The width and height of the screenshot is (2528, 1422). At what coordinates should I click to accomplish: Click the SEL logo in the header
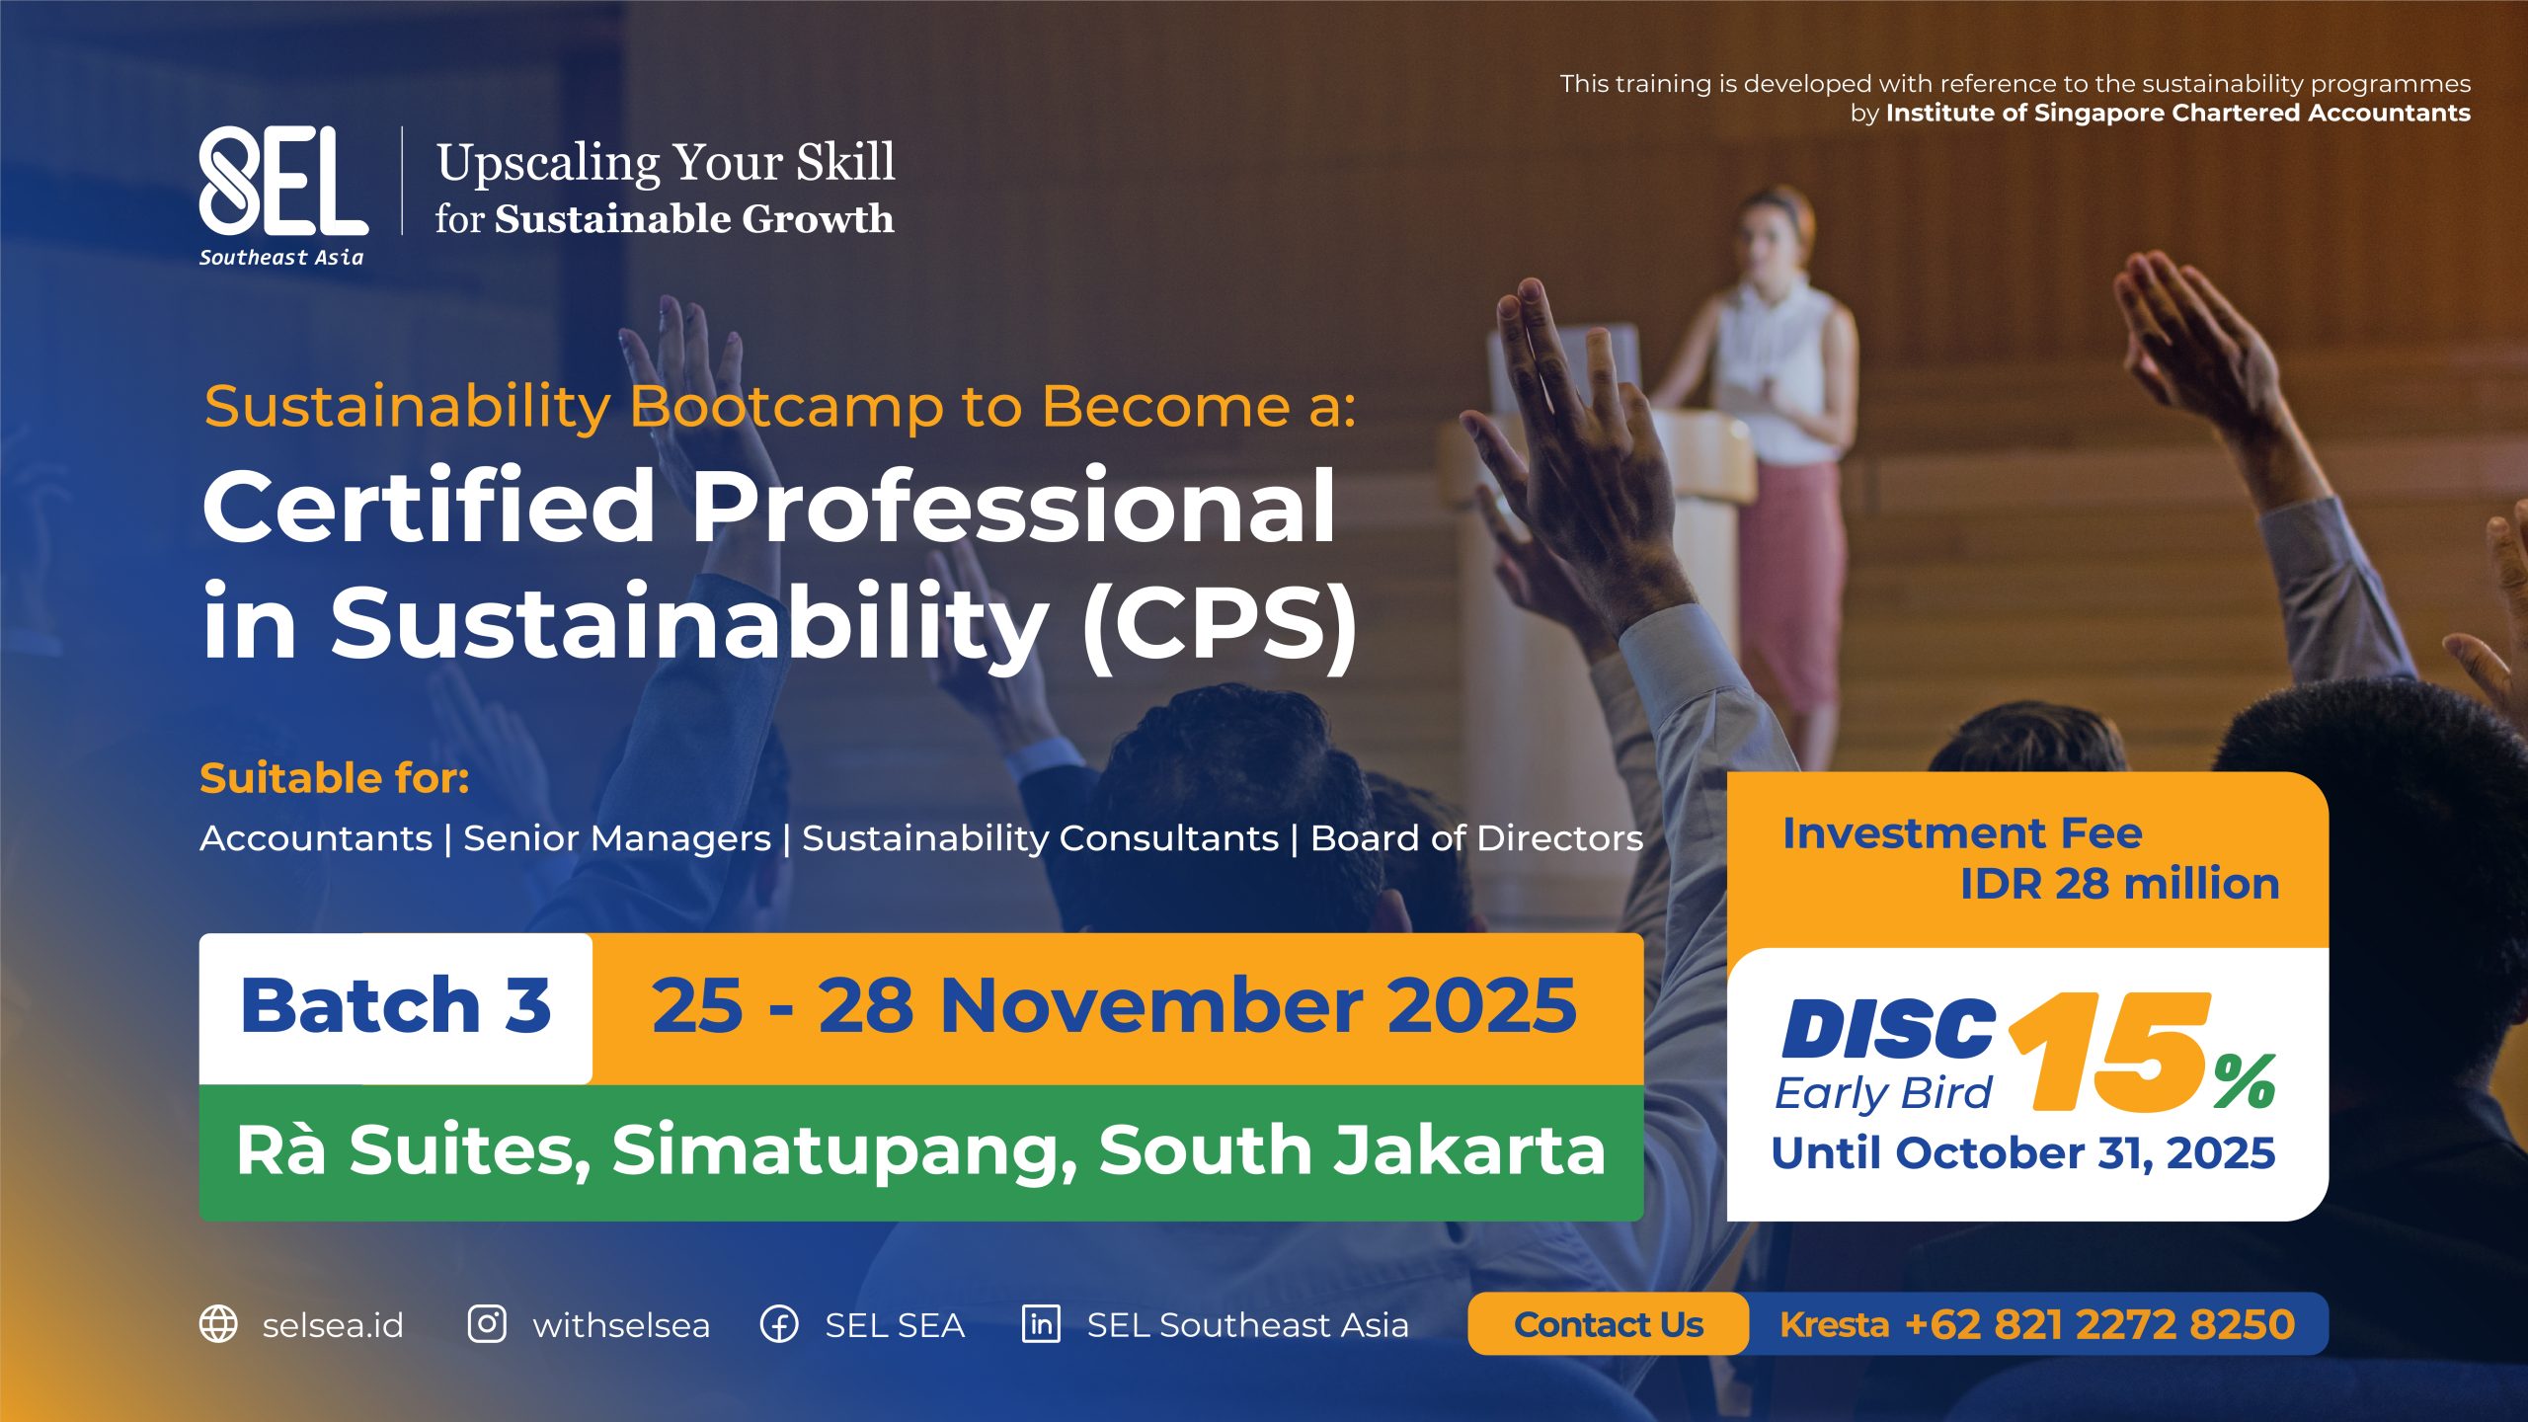[282, 196]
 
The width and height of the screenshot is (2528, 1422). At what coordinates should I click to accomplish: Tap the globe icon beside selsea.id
[218, 1324]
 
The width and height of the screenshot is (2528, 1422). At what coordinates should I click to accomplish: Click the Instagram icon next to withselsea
[487, 1324]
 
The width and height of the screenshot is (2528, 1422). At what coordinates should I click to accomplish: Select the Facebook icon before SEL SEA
[779, 1324]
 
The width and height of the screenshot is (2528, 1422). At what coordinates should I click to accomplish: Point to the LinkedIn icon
[1041, 1324]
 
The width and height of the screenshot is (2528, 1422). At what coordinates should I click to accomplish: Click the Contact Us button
[1609, 1324]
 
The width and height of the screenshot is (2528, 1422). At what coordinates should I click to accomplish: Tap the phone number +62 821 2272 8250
[2099, 1324]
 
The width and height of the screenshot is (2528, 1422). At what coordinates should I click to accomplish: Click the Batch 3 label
[396, 1006]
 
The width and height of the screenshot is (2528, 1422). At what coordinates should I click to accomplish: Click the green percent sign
[2245, 1082]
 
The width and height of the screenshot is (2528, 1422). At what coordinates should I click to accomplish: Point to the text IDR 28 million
[2119, 884]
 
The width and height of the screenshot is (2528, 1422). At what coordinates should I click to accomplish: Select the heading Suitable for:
[335, 778]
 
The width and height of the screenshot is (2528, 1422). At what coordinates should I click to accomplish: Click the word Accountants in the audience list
[316, 838]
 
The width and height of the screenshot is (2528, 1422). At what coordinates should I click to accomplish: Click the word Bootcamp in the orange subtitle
[787, 407]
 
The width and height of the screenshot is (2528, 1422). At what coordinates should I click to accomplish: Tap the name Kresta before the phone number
[1835, 1324]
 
